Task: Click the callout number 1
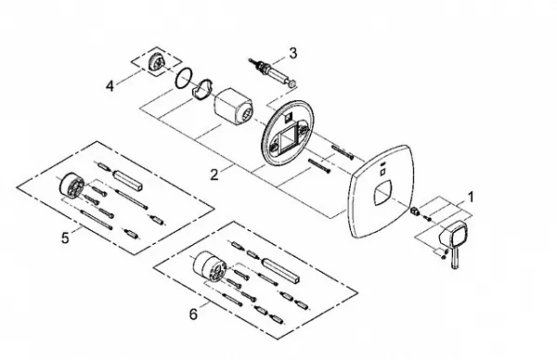(471, 197)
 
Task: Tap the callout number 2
(214, 174)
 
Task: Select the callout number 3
(292, 53)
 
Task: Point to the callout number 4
(110, 86)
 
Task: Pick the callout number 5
(65, 238)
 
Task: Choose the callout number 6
(193, 314)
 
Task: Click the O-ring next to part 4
(184, 78)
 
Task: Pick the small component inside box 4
(156, 64)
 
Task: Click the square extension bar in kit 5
(127, 180)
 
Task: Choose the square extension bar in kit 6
(280, 270)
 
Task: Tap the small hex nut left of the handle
(414, 211)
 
